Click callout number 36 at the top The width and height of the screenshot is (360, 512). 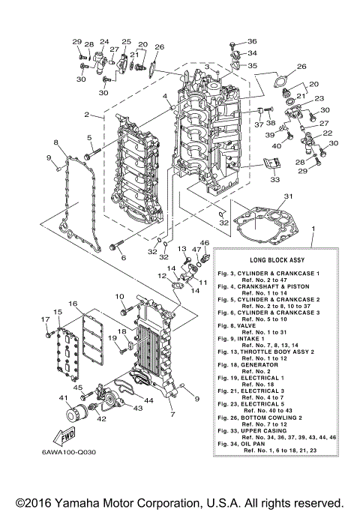(252, 41)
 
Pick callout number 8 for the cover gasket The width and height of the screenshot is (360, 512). (55, 142)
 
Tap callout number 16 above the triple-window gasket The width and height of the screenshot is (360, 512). (73, 304)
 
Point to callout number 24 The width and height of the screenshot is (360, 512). (103, 42)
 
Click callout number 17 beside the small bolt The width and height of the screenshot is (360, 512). (45, 320)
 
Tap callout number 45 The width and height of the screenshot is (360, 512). (77, 388)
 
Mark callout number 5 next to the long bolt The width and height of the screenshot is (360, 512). (88, 138)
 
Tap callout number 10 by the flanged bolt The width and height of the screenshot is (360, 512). (119, 298)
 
